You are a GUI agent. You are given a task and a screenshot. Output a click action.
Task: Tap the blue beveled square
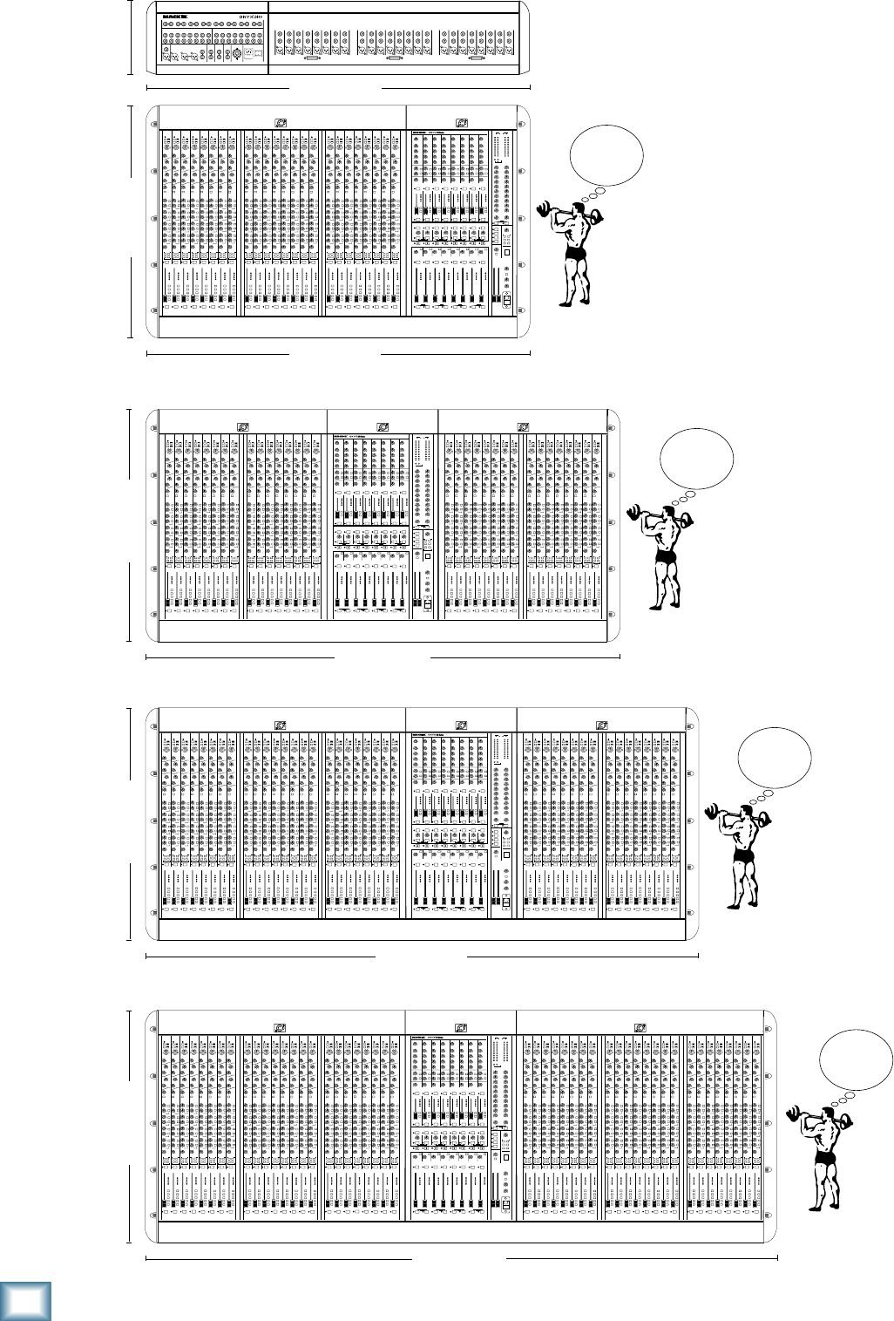click(x=25, y=1299)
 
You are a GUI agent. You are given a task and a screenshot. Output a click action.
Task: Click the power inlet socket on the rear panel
click(x=254, y=53)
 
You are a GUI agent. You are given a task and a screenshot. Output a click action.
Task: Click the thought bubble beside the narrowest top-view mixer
click(x=606, y=154)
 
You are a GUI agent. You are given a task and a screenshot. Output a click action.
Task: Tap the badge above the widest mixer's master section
click(x=460, y=1028)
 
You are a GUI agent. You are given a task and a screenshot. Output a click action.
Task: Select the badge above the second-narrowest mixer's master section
click(x=383, y=427)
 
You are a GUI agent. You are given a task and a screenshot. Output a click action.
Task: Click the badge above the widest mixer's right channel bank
click(x=640, y=1028)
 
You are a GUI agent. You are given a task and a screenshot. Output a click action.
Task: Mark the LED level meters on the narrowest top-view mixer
click(x=500, y=148)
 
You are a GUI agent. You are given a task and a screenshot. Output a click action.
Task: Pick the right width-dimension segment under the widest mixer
click(x=641, y=1258)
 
